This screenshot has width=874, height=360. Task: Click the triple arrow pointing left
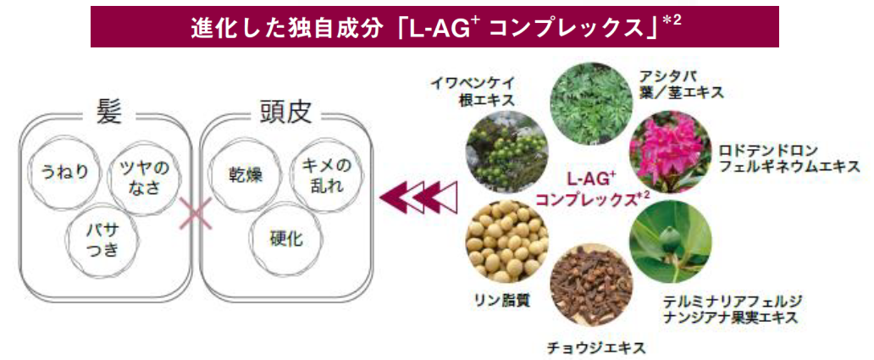419,199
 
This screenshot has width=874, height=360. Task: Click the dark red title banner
434,26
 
